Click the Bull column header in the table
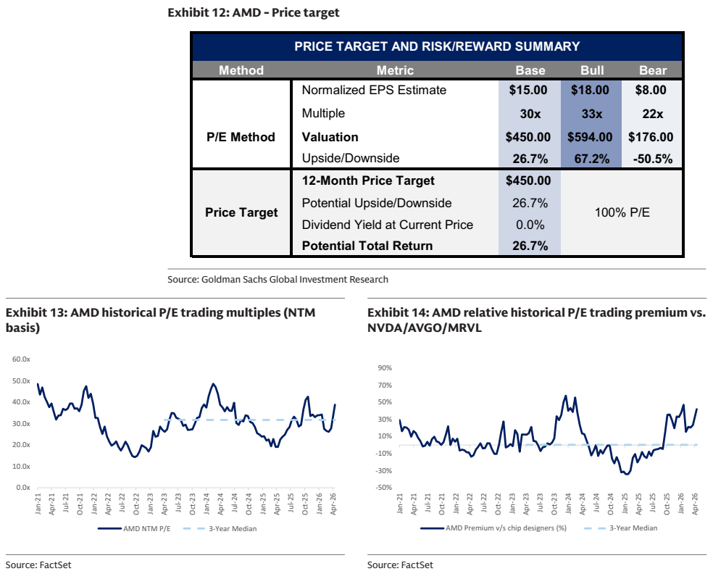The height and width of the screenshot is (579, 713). (x=592, y=70)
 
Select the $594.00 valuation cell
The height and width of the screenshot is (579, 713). (x=590, y=137)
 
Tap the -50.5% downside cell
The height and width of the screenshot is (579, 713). (x=653, y=159)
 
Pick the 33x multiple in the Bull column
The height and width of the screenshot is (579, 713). (x=591, y=114)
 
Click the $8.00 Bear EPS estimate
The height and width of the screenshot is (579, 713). (x=651, y=90)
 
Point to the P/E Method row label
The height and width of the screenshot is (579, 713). (x=241, y=137)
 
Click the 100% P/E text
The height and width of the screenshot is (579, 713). (x=622, y=212)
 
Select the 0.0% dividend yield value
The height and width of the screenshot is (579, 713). (x=530, y=225)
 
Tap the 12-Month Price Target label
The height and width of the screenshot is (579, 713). (x=368, y=180)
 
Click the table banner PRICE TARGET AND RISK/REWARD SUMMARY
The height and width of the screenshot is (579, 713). (x=437, y=46)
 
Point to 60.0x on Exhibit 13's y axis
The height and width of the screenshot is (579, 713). (x=21, y=359)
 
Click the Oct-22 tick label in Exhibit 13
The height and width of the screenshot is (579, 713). (x=136, y=504)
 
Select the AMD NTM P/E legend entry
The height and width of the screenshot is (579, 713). (x=134, y=528)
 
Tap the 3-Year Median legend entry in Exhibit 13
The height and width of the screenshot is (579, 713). (x=220, y=528)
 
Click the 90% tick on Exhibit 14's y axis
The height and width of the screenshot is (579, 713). (x=385, y=368)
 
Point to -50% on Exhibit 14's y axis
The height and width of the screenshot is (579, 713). (x=384, y=487)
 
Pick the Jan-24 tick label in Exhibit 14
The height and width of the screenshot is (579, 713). (x=568, y=504)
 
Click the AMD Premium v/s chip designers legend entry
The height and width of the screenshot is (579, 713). (x=493, y=528)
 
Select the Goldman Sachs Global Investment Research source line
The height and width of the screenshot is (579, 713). (x=278, y=279)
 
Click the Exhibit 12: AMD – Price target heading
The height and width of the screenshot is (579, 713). (x=254, y=12)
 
